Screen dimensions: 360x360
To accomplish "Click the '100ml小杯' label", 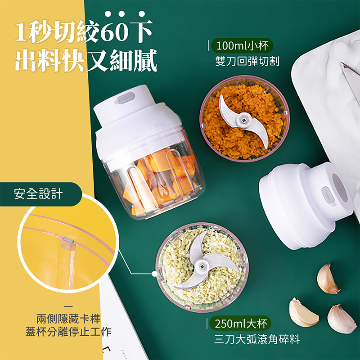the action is (x=242, y=45).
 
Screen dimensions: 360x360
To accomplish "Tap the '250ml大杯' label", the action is (x=241, y=324).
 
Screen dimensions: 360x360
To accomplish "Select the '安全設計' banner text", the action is (x=38, y=194).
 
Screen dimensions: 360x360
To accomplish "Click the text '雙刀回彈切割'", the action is (x=247, y=61).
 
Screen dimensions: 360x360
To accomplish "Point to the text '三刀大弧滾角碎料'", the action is (x=257, y=339).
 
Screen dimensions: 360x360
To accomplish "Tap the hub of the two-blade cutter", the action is (x=243, y=120).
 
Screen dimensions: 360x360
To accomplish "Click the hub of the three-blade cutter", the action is (x=202, y=266).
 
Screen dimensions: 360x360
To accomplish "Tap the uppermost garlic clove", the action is (x=328, y=278).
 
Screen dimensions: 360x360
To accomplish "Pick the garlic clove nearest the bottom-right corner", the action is (x=342, y=319).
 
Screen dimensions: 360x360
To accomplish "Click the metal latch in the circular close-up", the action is (x=68, y=240).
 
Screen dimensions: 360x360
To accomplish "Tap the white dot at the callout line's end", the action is (x=155, y=274).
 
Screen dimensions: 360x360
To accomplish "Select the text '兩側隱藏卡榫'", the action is (x=68, y=319).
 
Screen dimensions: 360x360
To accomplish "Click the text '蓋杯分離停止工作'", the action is (x=68, y=332).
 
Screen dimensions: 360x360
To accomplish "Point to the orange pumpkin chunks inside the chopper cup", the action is (x=161, y=179).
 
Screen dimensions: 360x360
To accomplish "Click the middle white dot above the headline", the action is (x=121, y=14).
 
